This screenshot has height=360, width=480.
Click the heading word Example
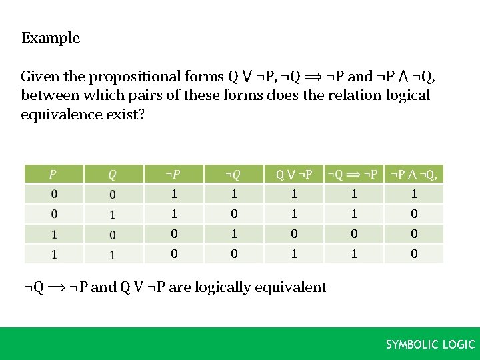coord(50,38)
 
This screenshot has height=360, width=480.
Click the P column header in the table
coord(53,175)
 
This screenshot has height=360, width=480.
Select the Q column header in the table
coord(113,175)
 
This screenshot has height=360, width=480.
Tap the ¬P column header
coord(173,175)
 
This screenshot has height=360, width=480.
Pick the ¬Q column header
coord(233,175)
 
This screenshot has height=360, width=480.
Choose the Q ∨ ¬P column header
coord(294,175)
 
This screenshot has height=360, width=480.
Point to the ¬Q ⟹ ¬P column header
coord(353,175)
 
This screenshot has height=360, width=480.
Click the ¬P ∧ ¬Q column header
coord(413,175)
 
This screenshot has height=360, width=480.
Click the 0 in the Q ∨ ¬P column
coord(294,234)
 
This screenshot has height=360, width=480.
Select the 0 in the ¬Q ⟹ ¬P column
coord(354,234)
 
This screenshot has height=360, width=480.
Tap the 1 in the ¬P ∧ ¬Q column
coord(414,194)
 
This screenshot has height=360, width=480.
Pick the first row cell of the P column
coord(53,194)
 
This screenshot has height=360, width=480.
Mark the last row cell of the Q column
coord(113,254)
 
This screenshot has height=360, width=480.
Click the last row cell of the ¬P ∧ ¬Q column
coord(414,254)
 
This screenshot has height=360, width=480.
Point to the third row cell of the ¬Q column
coord(233,234)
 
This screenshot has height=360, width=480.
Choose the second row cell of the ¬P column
coord(174,214)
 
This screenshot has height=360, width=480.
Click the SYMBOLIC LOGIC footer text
coord(430,345)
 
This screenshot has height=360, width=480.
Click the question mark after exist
coord(141,114)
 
